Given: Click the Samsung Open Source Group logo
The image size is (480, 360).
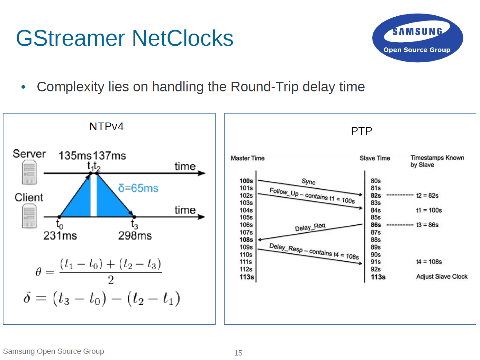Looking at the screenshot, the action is (417, 38).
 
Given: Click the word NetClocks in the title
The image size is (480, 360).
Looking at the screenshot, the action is (183, 38).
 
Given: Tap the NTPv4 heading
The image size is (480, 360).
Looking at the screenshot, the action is (107, 126).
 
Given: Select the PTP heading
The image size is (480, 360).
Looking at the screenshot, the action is (362, 131).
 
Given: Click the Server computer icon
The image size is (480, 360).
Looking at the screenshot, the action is (29, 172).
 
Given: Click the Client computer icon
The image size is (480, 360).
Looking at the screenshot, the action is (29, 216).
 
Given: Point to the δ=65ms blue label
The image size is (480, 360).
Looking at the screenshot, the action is (138, 188).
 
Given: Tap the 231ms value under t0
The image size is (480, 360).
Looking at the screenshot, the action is (60, 235).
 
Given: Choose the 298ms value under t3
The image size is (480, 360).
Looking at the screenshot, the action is (135, 235).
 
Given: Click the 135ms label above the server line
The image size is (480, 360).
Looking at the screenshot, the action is (75, 156).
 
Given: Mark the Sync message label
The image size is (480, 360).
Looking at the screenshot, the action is (308, 181).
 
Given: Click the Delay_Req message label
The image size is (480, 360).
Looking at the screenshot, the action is (310, 227).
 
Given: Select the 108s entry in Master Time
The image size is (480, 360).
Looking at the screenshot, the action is (246, 240).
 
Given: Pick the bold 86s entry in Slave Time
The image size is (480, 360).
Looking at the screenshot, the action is (376, 225).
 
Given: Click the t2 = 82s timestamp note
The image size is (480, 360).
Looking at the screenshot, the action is (427, 195).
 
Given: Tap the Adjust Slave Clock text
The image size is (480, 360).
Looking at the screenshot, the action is (442, 277).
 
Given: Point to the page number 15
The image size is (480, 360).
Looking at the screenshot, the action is (238, 353).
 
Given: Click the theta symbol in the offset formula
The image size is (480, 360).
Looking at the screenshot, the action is (38, 272).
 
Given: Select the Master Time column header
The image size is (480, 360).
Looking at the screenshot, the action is (247, 158).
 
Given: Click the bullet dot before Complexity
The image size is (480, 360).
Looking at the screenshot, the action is (24, 87).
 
